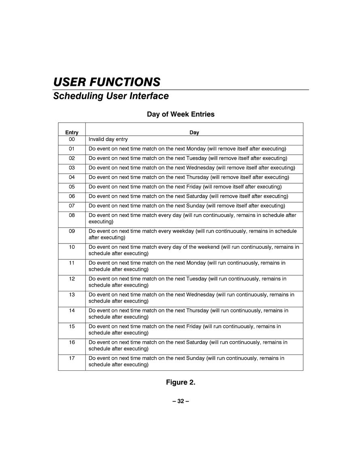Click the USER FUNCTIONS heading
pos(107,82)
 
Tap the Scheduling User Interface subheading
pos(111,96)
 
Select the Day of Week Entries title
pos(180,114)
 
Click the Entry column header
pos(72,132)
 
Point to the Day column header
pos(194,132)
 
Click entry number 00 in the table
pos(72,139)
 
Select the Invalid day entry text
pos(108,139)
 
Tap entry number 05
pos(72,187)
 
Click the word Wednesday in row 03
pos(200,168)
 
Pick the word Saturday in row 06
pos(197,197)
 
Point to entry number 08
pos(72,215)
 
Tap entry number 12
pos(72,279)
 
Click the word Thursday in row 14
pos(197,311)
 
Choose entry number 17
pos(72,358)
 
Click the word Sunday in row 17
pos(195,358)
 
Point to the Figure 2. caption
pos(180,383)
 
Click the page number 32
pos(180,401)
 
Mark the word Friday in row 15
pos(194,327)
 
